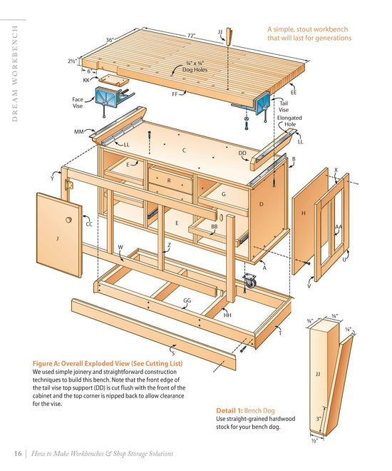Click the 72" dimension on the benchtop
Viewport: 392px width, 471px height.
pos(191,35)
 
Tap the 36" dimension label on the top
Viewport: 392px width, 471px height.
pos(110,40)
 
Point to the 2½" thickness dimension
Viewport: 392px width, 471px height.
pos(72,62)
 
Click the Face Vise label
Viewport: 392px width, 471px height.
pos(78,103)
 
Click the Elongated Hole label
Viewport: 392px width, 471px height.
pos(289,121)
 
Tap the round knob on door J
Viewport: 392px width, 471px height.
pos(69,219)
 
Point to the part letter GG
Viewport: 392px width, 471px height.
pos(187,301)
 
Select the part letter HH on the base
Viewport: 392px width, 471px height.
pos(227,315)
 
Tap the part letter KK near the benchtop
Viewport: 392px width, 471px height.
pos(86,80)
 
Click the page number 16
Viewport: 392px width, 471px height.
pos(18,454)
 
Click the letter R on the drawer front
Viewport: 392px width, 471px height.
pos(169,181)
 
